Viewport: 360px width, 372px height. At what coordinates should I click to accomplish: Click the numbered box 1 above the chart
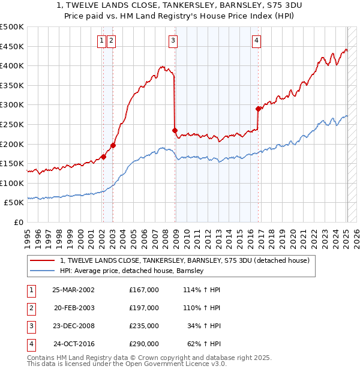pyautogui.click(x=102, y=41)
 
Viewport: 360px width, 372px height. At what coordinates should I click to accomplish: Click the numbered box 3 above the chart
pyautogui.click(x=173, y=41)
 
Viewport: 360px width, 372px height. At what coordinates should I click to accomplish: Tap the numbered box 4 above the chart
pyautogui.click(x=256, y=41)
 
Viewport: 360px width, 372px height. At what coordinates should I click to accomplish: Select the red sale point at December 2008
pyautogui.click(x=175, y=130)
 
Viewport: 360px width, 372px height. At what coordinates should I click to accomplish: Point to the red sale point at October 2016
pyautogui.click(x=258, y=109)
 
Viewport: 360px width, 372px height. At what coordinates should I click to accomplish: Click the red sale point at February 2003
pyautogui.click(x=113, y=145)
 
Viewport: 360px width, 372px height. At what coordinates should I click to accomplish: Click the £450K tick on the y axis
pyautogui.click(x=12, y=46)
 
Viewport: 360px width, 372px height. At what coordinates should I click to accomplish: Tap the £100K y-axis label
pyautogui.click(x=12, y=183)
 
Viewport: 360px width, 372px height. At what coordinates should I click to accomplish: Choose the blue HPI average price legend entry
pyautogui.click(x=132, y=271)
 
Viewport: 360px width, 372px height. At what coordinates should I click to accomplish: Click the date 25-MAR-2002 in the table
pyautogui.click(x=73, y=290)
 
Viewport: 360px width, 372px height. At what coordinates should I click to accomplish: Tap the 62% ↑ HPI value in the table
pyautogui.click(x=203, y=344)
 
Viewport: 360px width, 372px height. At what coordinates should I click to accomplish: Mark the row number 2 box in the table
pyautogui.click(x=31, y=308)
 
